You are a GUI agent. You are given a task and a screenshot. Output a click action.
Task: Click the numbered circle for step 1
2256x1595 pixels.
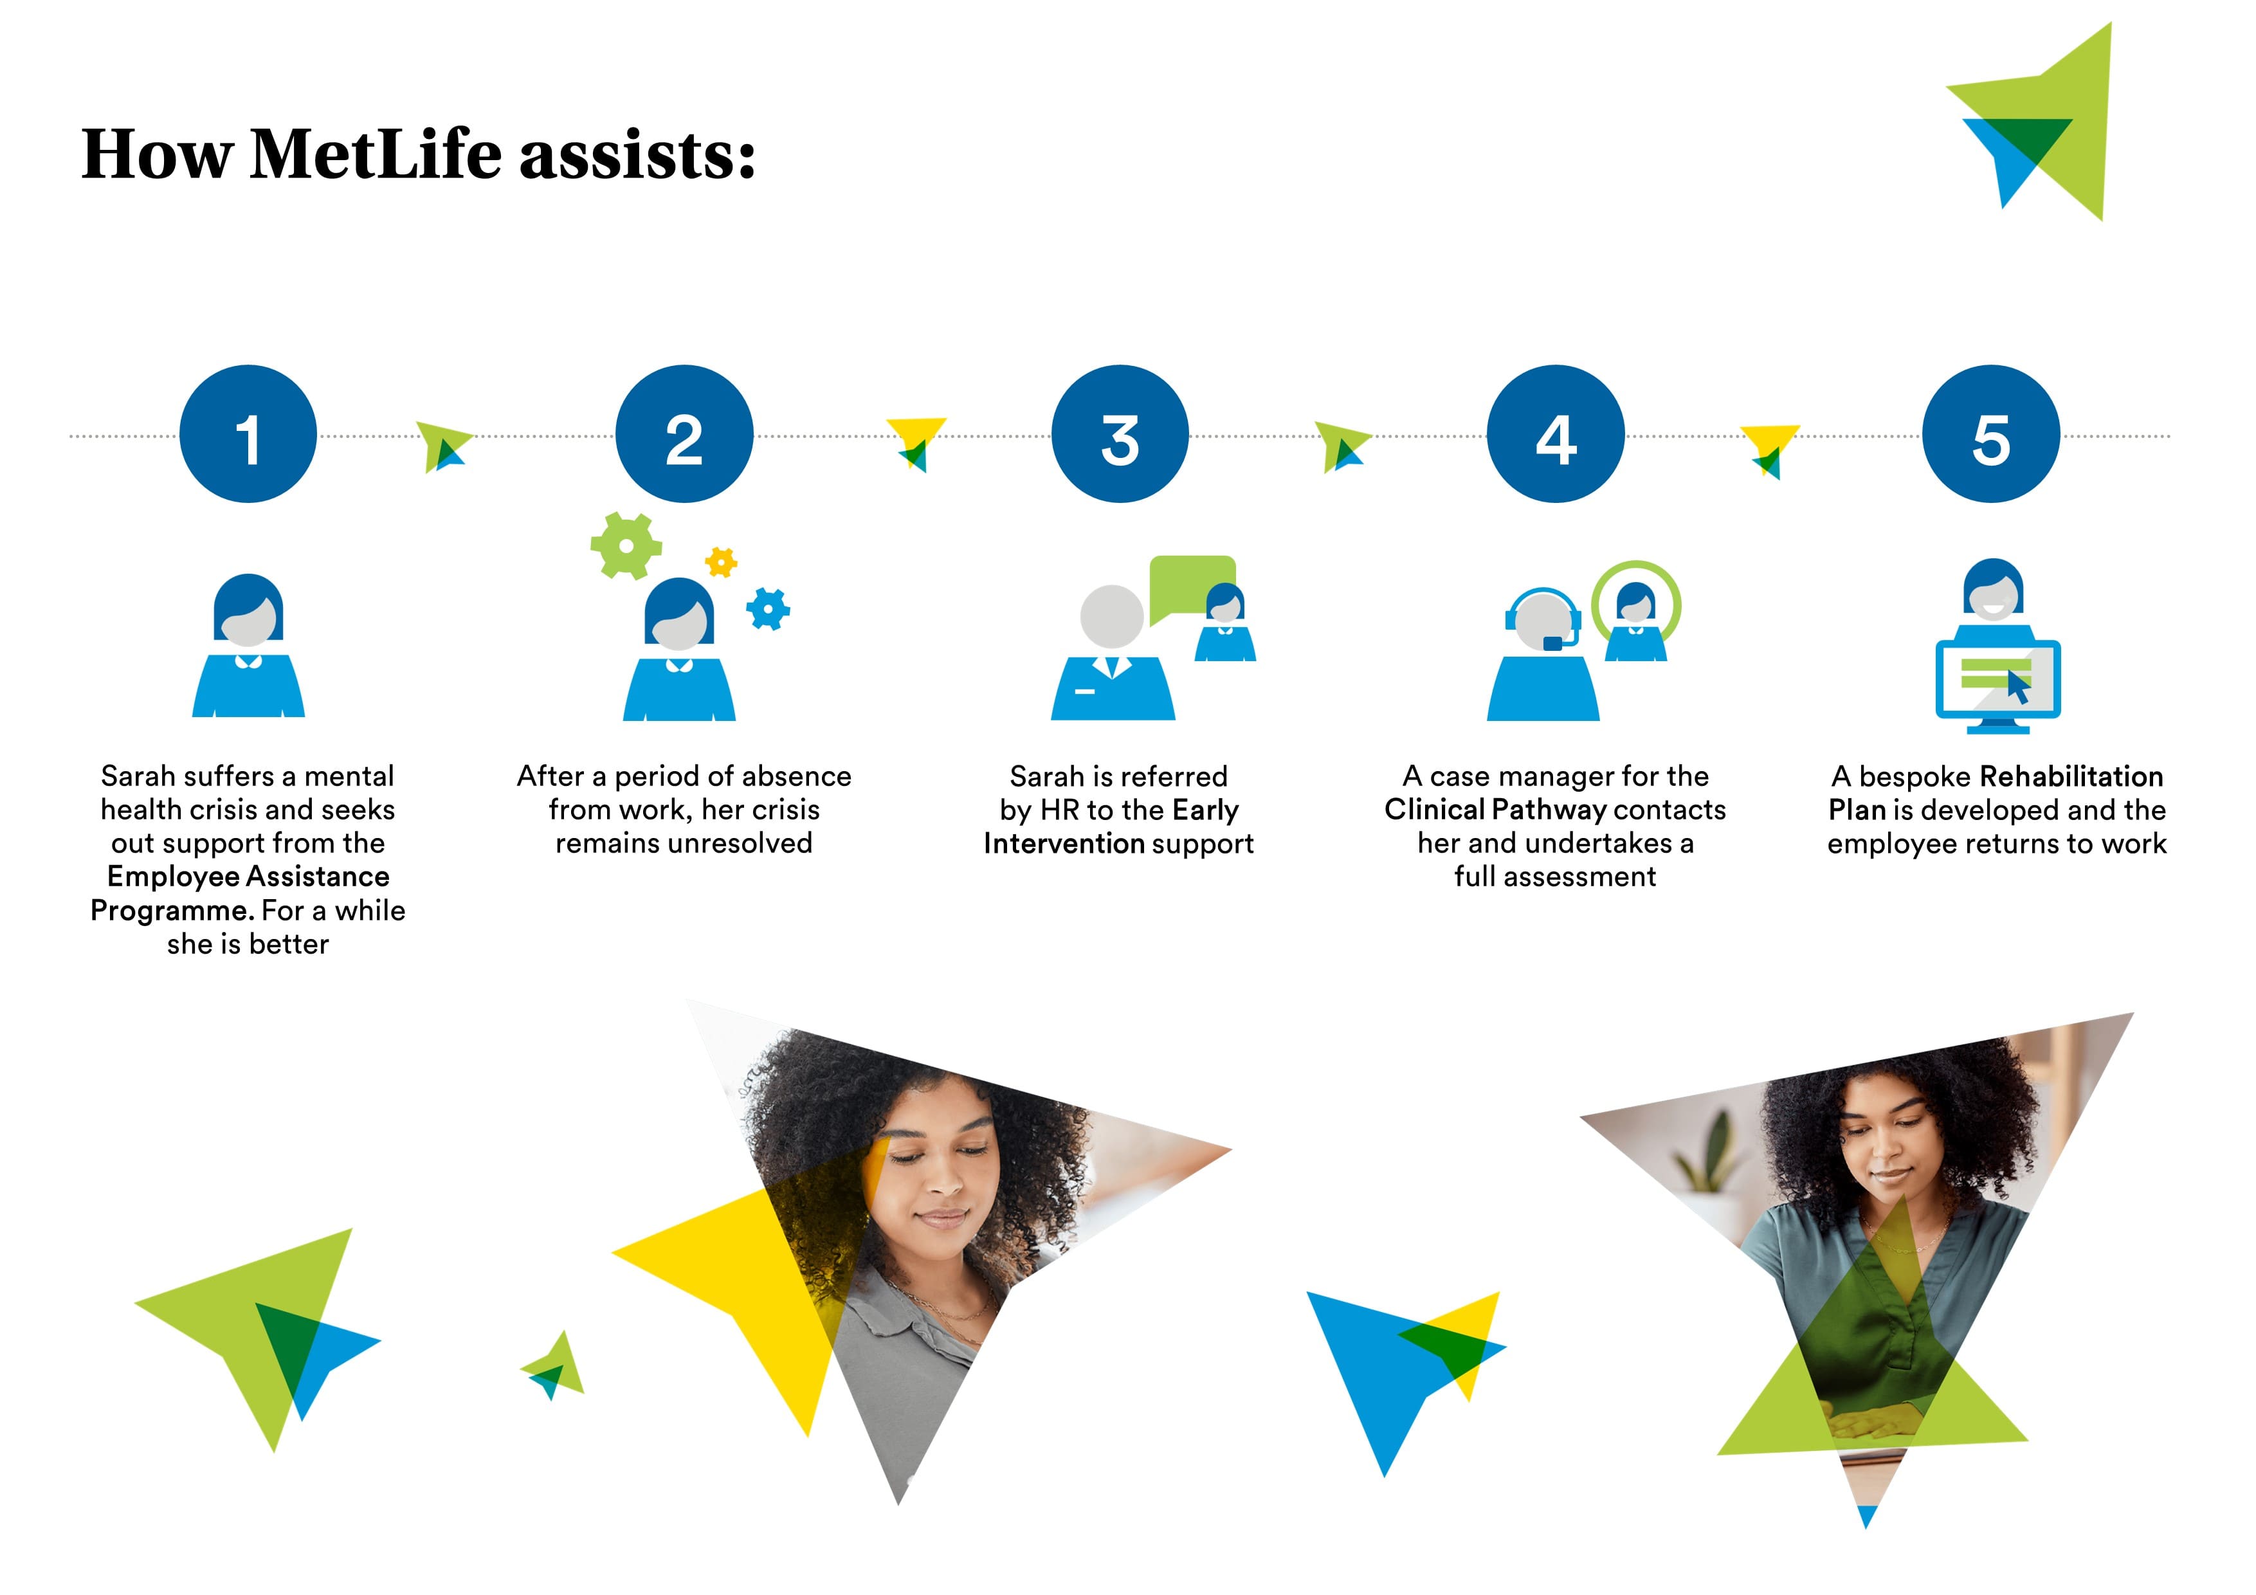(249, 434)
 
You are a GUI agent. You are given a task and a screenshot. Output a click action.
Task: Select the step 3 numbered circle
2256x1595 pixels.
(1120, 434)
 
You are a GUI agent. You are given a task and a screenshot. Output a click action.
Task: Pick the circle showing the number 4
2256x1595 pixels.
(1556, 434)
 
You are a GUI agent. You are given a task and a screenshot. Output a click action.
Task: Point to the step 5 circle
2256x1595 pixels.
(1992, 434)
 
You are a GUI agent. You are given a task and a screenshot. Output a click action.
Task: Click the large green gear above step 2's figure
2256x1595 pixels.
(626, 545)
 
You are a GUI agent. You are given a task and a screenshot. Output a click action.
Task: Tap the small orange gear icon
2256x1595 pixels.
(721, 562)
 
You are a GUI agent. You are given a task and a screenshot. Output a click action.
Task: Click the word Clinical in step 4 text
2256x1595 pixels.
(1435, 810)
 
